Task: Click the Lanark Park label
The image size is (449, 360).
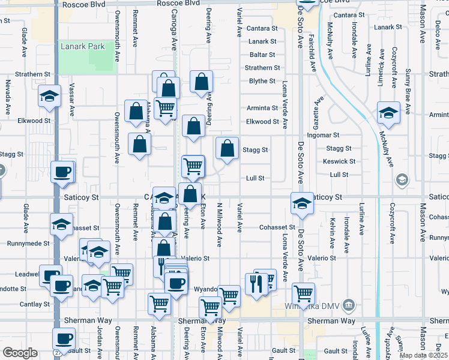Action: pyautogui.click(x=82, y=46)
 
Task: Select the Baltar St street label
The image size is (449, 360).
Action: pyautogui.click(x=262, y=55)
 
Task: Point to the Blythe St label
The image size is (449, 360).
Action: pyautogui.click(x=262, y=81)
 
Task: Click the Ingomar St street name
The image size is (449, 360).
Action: pyautogui.click(x=324, y=135)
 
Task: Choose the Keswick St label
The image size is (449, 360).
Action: pyautogui.click(x=339, y=161)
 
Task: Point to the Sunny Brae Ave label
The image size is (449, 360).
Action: pyautogui.click(x=408, y=91)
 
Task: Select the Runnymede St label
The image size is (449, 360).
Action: pyautogui.click(x=28, y=244)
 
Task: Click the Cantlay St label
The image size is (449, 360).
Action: pyautogui.click(x=34, y=304)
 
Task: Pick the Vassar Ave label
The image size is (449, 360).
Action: pyautogui.click(x=71, y=99)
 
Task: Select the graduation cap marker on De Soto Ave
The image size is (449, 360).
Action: pyautogui.click(x=301, y=203)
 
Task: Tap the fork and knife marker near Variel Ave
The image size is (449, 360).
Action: pyautogui.click(x=256, y=283)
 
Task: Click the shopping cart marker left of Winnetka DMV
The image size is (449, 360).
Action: pyautogui.click(x=303, y=293)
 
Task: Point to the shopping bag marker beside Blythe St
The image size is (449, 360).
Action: pyautogui.click(x=202, y=82)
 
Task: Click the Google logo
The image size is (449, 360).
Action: pyautogui.click(x=20, y=353)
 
